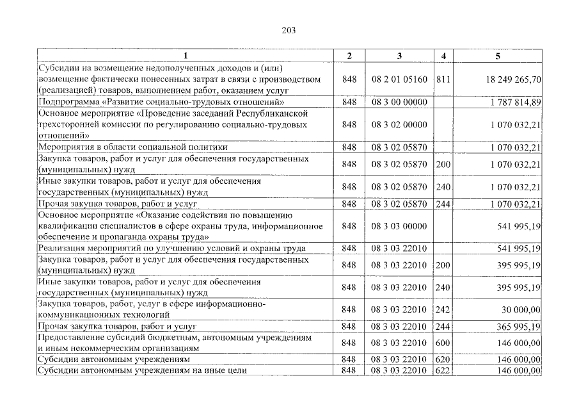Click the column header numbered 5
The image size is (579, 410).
click(497, 56)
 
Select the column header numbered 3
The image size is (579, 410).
click(399, 56)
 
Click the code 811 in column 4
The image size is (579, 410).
click(443, 80)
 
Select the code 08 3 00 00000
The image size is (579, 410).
click(399, 102)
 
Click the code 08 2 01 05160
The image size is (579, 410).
click(399, 80)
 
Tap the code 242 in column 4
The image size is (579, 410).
click(443, 309)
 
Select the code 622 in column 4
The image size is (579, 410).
click(443, 370)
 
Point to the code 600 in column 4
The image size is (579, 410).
click(443, 343)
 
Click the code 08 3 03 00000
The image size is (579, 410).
click(399, 226)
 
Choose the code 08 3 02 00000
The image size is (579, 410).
click(399, 124)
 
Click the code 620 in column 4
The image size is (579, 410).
click(443, 360)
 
